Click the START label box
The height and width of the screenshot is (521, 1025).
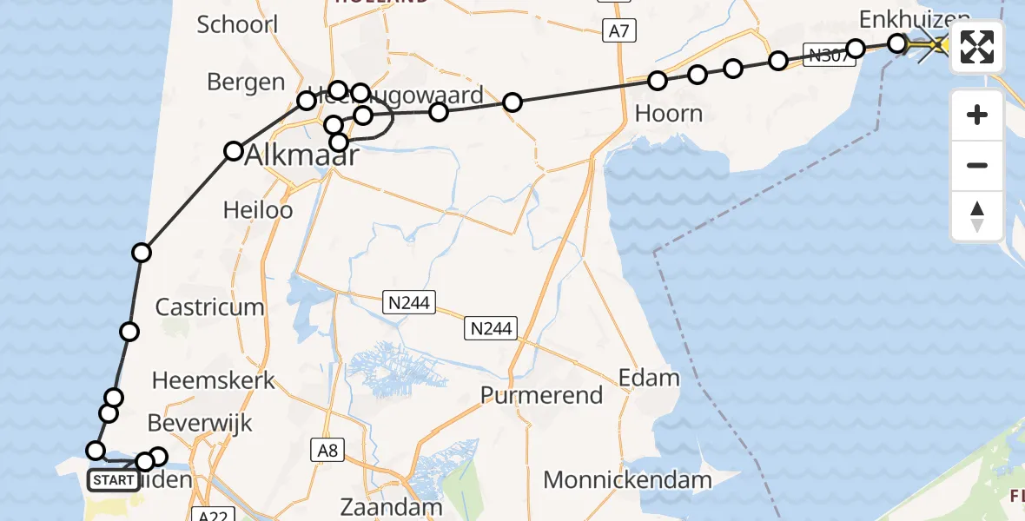(114, 479)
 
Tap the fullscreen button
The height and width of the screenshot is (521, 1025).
(977, 47)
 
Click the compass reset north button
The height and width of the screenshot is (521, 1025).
(977, 215)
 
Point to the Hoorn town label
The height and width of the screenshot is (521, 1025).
(668, 114)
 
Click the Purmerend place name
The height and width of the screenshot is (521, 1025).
(542, 395)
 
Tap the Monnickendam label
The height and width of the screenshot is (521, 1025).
(628, 479)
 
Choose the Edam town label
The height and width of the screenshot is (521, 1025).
(648, 378)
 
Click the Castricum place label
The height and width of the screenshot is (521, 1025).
(209, 307)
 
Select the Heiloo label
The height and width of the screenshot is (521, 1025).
(258, 209)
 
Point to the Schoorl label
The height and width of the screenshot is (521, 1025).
(237, 24)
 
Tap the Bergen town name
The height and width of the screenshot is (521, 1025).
(246, 82)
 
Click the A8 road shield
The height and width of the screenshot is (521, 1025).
(327, 450)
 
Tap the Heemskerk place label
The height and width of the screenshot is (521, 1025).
(213, 379)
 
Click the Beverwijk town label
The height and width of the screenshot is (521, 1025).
(200, 423)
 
